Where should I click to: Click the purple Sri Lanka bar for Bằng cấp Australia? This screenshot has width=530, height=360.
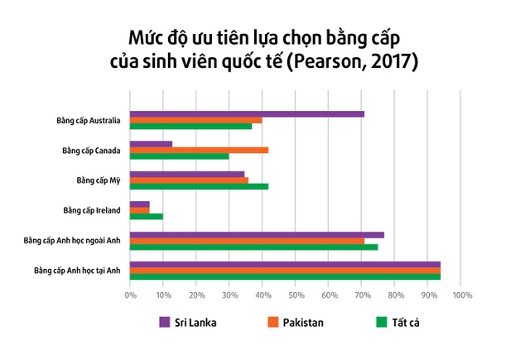247,114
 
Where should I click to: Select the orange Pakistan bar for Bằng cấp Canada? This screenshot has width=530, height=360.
199,151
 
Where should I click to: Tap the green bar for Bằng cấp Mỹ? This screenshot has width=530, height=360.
199,186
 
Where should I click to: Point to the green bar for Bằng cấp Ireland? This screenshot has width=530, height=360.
147,216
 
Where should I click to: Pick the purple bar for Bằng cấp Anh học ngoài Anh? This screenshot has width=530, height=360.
257,234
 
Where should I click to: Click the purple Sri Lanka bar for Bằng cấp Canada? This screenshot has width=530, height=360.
151,144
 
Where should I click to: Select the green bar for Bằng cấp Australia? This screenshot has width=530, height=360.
190,127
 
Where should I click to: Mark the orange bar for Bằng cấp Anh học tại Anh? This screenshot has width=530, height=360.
285,270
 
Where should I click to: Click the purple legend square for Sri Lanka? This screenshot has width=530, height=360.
164,322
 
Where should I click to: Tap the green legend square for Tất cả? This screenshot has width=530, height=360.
382,322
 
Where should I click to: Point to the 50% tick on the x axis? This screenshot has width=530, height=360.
296,294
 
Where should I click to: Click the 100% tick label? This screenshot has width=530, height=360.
461,294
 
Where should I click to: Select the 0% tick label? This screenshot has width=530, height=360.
130,294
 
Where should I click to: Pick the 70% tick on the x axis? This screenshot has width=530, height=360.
362,294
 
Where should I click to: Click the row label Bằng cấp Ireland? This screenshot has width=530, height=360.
92,210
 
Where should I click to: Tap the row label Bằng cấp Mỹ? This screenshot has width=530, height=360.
99,180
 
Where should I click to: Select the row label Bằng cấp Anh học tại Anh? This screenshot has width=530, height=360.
78,270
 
